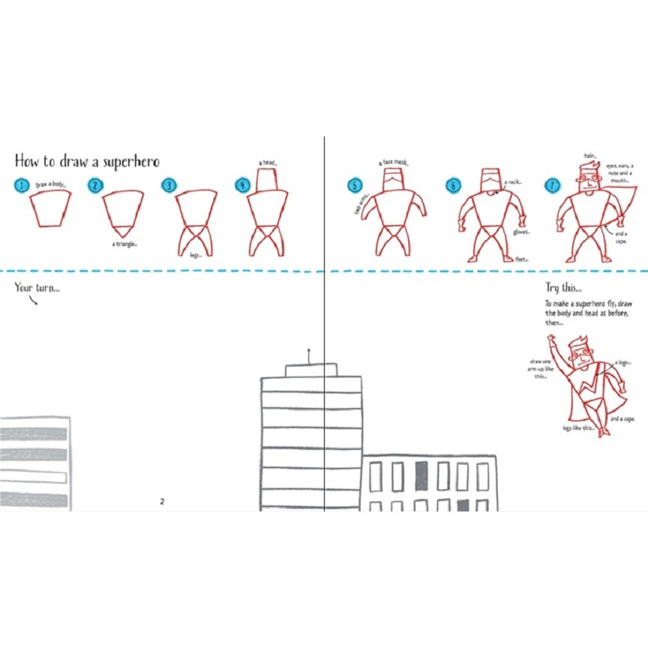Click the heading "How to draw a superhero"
coord(87,161)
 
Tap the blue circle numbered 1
coord(22,185)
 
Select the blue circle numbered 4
coord(242,185)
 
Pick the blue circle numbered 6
coord(453,185)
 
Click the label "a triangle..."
coord(125,244)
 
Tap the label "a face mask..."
coord(394,162)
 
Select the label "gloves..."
coord(521,232)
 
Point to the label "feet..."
coord(521,259)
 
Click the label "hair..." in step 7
coord(590,156)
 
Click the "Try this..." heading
coord(563,287)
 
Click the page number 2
coord(162,501)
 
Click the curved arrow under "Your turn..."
coord(33,301)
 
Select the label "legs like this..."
coord(578,428)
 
